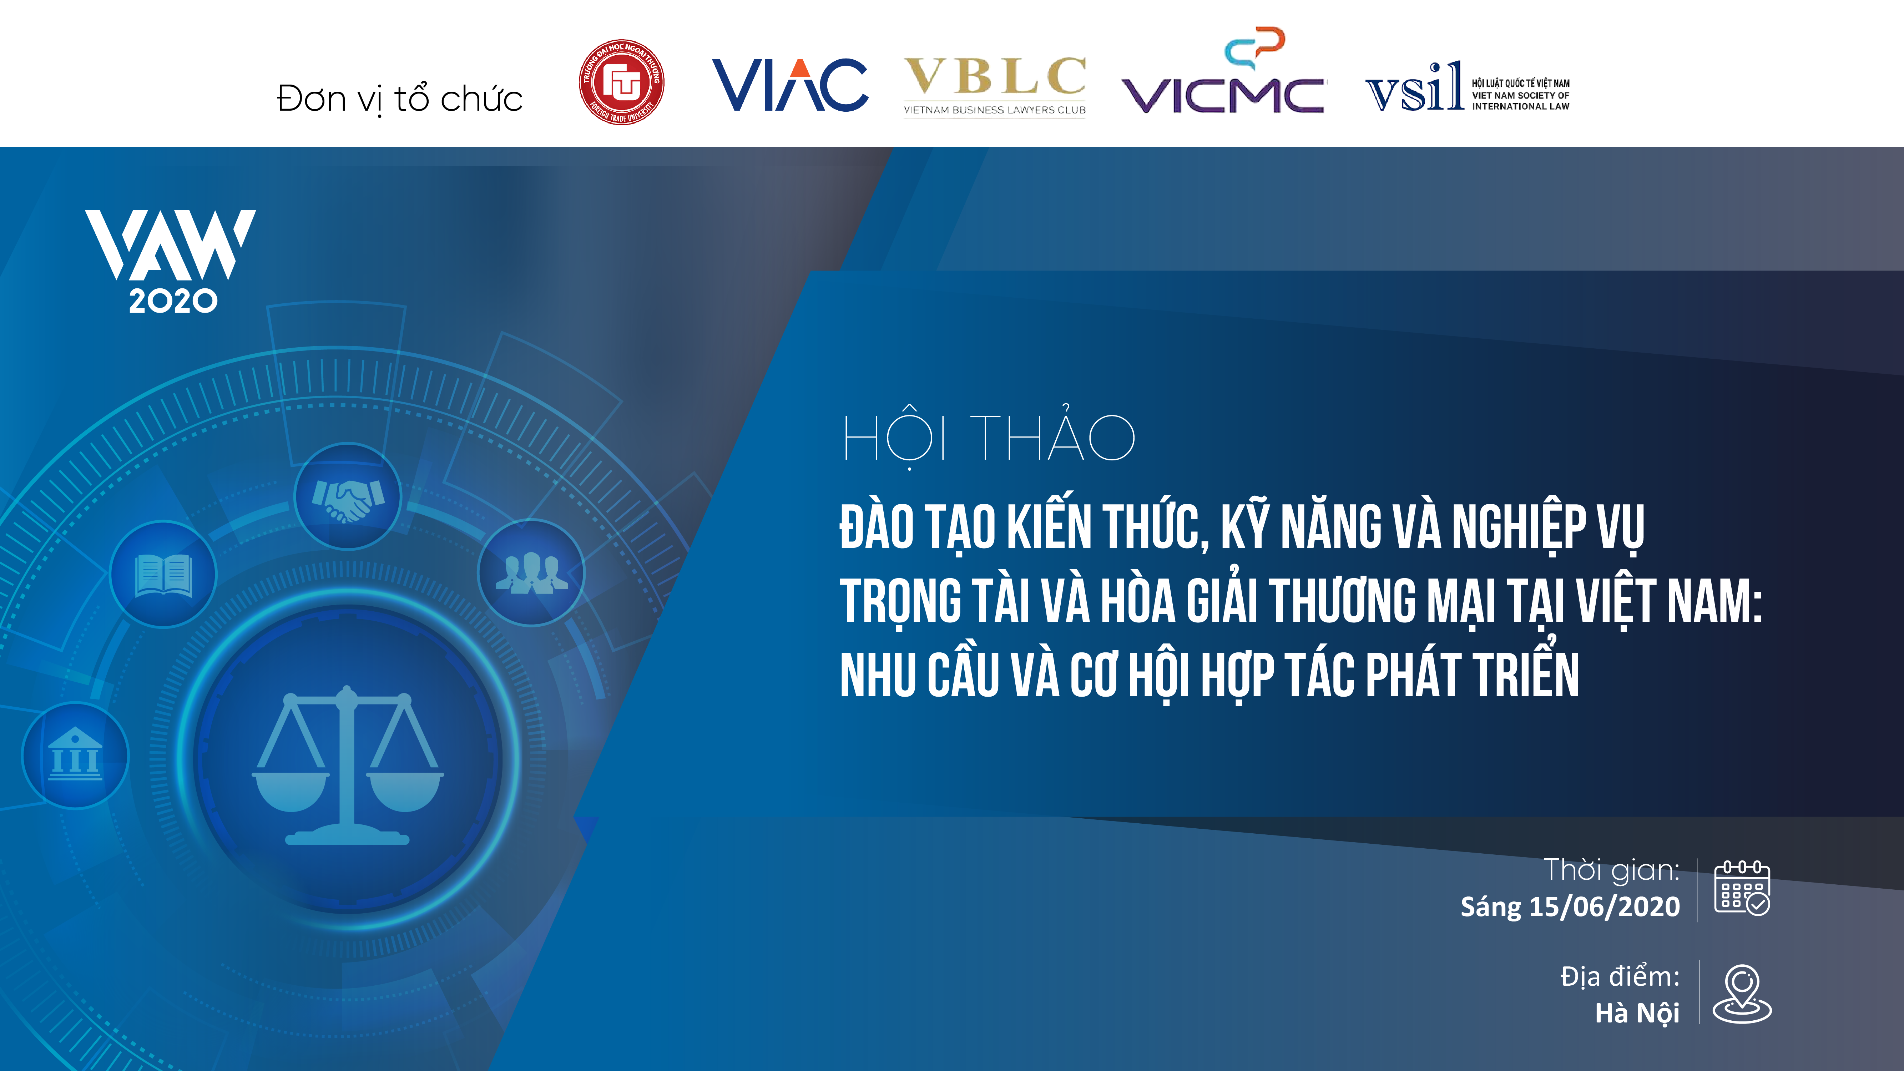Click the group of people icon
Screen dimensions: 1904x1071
point(531,573)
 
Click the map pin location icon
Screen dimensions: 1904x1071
point(1742,994)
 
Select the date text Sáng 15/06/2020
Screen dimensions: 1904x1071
point(1570,907)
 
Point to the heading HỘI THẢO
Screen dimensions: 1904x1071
point(989,436)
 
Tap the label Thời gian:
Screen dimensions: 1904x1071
point(1611,870)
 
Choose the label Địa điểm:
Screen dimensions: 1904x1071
point(1620,976)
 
